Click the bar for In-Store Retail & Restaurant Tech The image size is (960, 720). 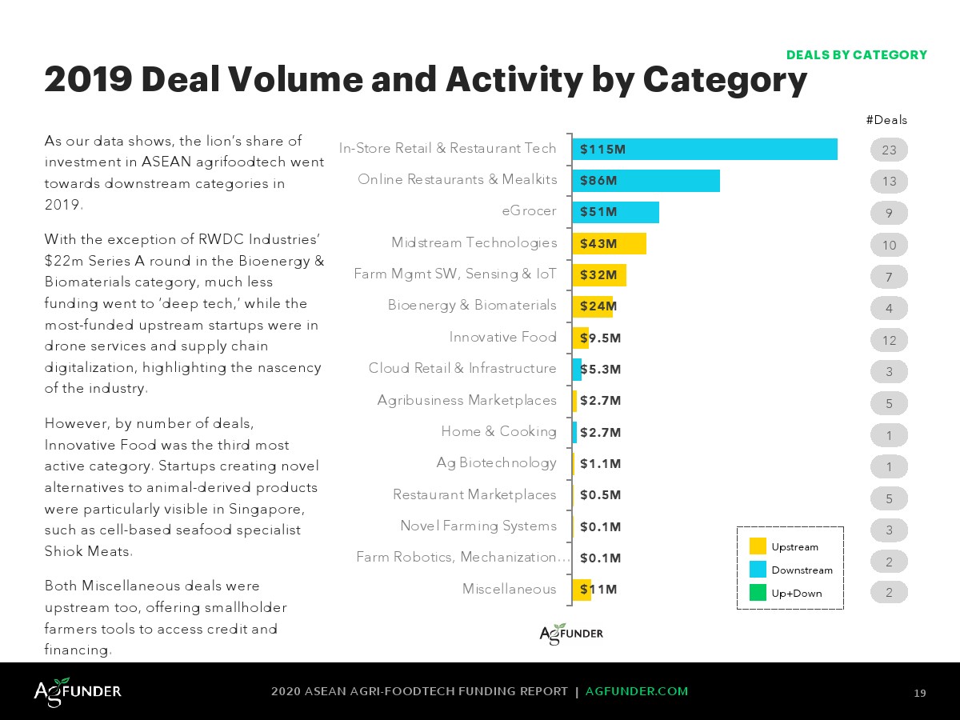705,150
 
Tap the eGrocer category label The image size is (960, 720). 529,211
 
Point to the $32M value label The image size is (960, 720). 598,274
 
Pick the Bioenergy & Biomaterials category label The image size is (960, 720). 472,305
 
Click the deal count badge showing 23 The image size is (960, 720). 889,150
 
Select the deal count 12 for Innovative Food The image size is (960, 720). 889,340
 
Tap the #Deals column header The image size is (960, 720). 886,120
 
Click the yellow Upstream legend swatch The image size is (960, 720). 758,546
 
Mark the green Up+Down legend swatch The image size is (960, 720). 758,593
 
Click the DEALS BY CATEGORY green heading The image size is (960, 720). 856,55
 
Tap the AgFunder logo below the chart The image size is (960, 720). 571,634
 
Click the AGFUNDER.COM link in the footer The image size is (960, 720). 637,691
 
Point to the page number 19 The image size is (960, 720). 920,693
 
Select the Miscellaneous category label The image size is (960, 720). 509,589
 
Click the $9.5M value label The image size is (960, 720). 601,338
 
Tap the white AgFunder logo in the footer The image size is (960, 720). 78,690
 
